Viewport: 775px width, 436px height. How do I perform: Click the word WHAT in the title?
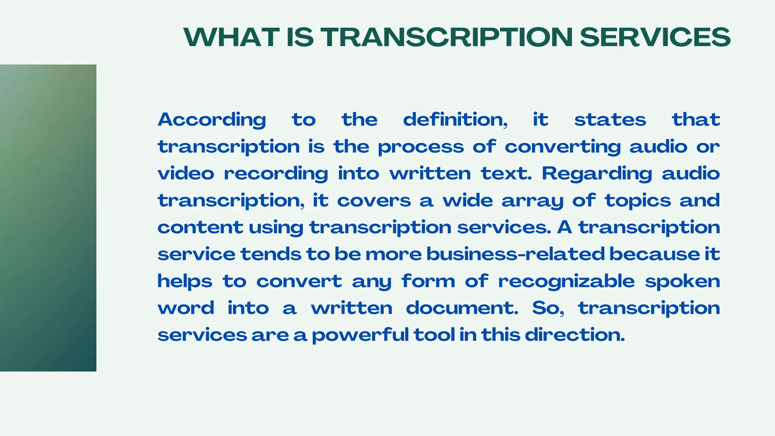point(232,37)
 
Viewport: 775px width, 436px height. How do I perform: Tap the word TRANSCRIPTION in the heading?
point(447,37)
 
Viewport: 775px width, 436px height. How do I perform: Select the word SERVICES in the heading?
point(655,37)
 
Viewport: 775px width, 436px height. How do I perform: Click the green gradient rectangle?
point(48,218)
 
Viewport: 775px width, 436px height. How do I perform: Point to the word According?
point(212,120)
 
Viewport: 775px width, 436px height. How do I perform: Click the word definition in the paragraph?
point(455,120)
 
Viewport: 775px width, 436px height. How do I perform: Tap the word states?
point(610,120)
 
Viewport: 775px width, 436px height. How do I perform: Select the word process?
point(420,147)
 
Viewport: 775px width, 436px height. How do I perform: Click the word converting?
point(563,147)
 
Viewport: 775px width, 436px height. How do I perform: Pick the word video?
point(186,174)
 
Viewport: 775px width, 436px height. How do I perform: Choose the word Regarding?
point(597,174)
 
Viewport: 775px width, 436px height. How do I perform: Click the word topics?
point(638,201)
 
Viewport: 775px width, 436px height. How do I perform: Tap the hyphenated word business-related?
point(515,254)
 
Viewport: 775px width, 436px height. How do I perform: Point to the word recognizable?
point(566,281)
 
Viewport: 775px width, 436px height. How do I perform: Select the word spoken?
point(682,281)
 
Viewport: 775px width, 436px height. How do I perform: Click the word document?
point(462,308)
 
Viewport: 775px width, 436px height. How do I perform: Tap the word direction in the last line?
point(574,335)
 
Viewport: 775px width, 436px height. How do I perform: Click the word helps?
point(185,281)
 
